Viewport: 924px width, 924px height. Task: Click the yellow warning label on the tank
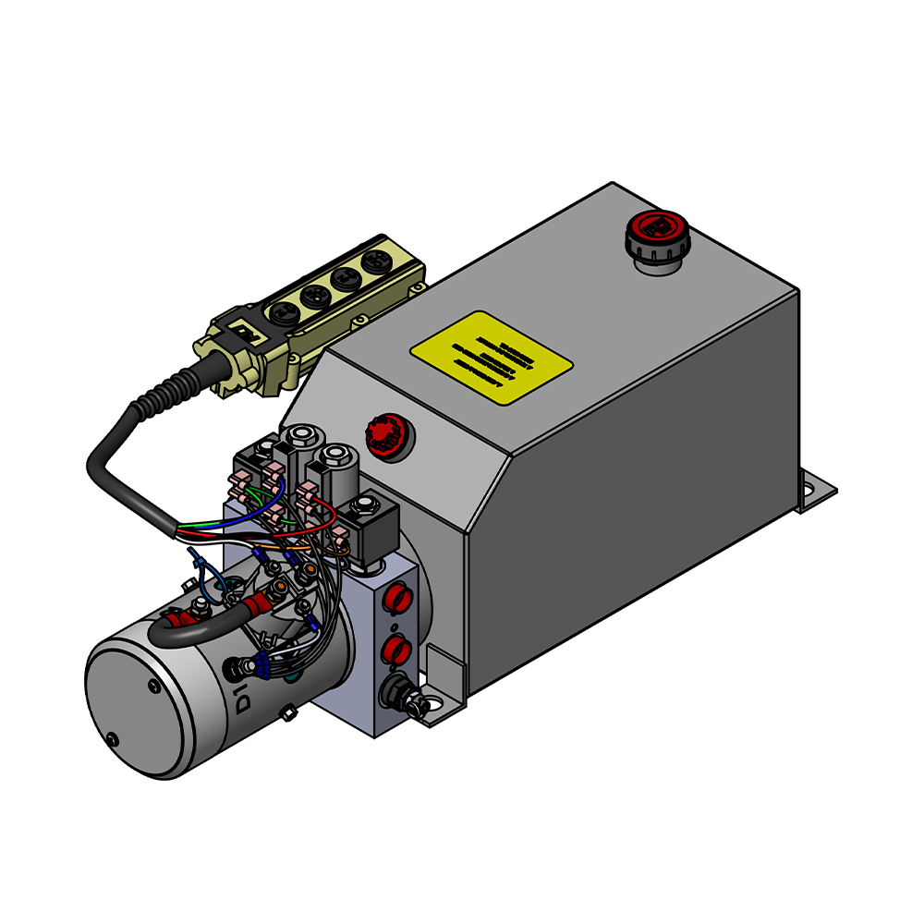coord(492,357)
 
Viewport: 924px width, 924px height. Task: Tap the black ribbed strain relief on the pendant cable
coord(175,385)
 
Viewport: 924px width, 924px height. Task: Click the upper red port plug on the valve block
coord(395,597)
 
